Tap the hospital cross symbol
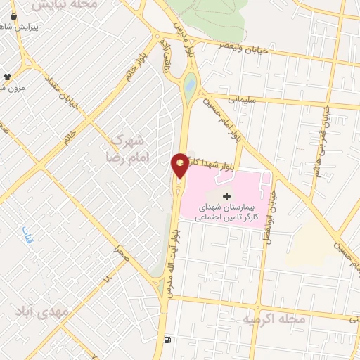(226, 195)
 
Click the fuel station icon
(167, 340)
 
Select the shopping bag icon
(13, 15)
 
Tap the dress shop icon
(8, 76)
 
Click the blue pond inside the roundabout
(190, 87)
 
